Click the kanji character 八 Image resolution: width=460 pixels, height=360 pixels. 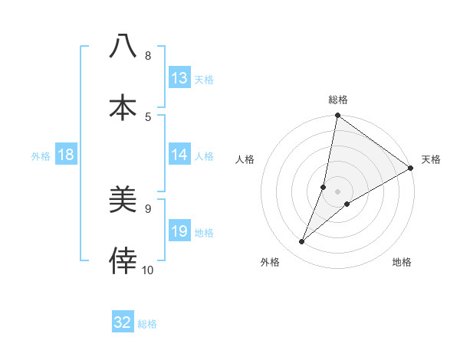[123, 46]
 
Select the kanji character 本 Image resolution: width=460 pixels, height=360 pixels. [123, 106]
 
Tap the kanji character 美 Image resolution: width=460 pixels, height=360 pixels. [123, 200]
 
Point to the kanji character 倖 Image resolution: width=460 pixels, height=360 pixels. [123, 260]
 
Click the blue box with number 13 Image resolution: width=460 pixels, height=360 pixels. [179, 78]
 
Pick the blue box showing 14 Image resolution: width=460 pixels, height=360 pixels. [179, 155]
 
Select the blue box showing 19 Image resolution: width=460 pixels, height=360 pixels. [179, 232]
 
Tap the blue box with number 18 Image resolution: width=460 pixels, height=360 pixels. [66, 155]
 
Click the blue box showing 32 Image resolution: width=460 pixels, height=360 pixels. [123, 323]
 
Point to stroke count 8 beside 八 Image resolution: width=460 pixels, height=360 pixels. [148, 55]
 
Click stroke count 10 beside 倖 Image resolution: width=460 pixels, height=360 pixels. [148, 270]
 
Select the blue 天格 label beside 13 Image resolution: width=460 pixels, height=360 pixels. [204, 80]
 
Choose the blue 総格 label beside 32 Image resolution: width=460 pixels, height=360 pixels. [147, 324]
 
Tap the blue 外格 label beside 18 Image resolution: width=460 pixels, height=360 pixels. [41, 156]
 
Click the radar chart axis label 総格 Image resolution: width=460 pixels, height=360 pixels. [337, 100]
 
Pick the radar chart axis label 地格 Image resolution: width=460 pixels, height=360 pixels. [402, 263]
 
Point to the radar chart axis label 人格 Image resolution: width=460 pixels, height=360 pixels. [245, 159]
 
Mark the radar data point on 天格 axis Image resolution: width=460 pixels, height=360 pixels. [411, 168]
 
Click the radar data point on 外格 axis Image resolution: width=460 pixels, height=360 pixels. [302, 242]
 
